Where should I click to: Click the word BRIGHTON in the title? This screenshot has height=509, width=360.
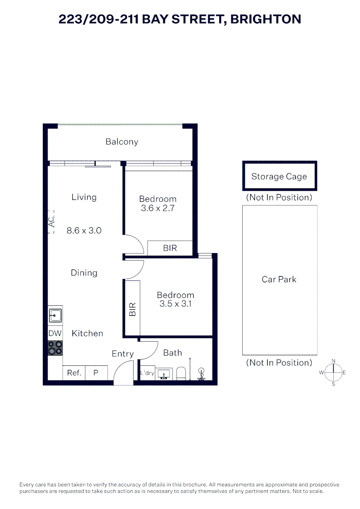pos(266,19)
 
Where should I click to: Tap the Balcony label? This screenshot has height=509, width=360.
pos(122,142)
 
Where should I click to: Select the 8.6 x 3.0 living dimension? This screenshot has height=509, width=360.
pos(84,230)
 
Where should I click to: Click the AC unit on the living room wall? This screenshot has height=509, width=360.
pos(51,222)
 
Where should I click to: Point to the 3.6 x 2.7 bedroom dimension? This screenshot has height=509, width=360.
pos(158,208)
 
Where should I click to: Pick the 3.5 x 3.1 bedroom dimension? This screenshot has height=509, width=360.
pos(175,304)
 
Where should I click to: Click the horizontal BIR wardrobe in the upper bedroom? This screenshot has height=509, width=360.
pos(170,248)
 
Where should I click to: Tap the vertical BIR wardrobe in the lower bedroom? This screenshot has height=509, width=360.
pos(132,308)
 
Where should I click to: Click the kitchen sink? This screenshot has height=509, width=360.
pos(55,315)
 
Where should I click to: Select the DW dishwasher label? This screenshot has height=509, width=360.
pos(55,333)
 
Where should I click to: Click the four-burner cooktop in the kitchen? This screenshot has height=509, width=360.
pos(55,348)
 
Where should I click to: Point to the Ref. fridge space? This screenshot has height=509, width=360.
pos(74,373)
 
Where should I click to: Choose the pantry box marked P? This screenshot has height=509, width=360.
pos(96,373)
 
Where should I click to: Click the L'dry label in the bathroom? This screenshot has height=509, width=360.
pos(147,373)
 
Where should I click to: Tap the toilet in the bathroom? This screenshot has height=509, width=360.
pos(181,374)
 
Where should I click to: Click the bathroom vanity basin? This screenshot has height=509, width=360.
pos(164,374)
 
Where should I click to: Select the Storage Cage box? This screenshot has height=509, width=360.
pos(279,176)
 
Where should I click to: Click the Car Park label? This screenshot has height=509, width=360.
pos(279,279)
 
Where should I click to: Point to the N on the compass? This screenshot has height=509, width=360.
pos(334,361)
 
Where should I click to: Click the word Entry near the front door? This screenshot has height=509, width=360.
pos(123,354)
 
